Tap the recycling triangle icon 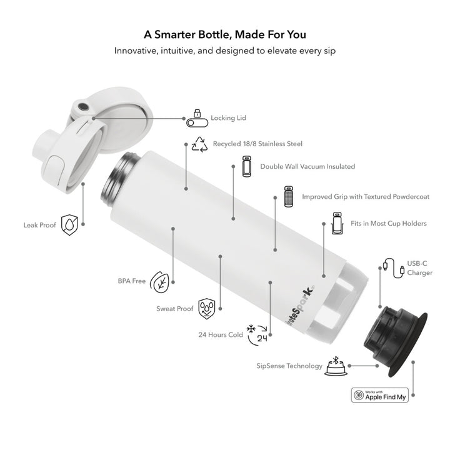[200, 144]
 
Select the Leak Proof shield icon [69, 225]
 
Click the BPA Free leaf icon [159, 282]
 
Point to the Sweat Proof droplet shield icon [207, 309]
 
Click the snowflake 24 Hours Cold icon [257, 334]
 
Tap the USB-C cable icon [394, 268]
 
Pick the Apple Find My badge [380, 395]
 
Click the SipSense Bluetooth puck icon [336, 366]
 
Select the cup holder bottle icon [337, 223]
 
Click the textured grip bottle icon [288, 196]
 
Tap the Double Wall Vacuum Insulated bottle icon [247, 166]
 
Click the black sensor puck [396, 341]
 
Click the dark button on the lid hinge [84, 106]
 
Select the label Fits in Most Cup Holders [389, 223]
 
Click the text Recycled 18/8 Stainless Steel [257, 144]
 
